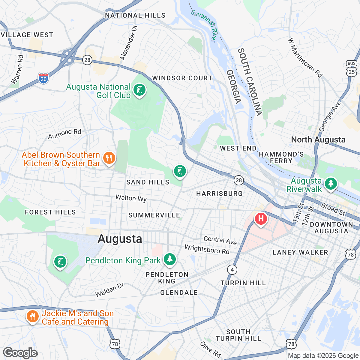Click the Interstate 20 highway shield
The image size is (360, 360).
pos(43,78)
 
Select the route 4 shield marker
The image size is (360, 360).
pos(232,269)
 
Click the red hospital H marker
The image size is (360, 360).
pos(261,218)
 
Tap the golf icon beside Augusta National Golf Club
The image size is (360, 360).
pos(139,90)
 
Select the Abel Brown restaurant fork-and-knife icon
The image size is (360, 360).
pos(109,158)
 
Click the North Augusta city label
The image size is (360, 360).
pos(318,140)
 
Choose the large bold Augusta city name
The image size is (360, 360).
pos(120,239)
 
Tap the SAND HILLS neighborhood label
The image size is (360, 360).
pos(148,182)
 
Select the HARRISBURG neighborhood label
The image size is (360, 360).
pos(219,193)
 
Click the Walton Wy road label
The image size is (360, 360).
pos(131,198)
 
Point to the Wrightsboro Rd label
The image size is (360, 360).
pos(207,249)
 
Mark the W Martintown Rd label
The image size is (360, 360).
pos(305,58)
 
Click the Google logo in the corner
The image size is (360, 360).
pos(20,353)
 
